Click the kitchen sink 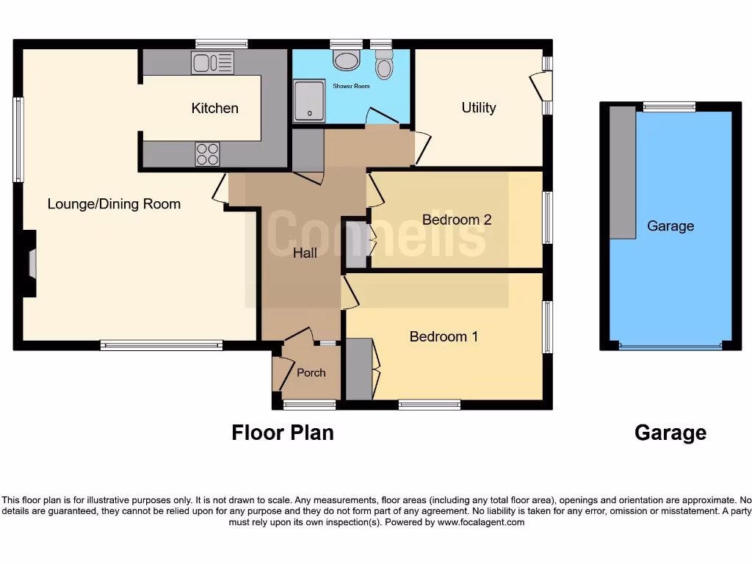click(212, 63)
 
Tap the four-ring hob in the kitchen click(207, 154)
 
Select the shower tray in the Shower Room click(308, 99)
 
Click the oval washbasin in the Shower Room click(346, 59)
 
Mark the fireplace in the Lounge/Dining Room click(32, 264)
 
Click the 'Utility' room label click(478, 107)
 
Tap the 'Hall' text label click(305, 253)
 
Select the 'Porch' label click(311, 372)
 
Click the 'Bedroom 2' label click(456, 220)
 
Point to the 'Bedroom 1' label click(444, 336)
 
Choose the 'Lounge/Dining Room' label click(114, 203)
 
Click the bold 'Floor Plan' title click(283, 433)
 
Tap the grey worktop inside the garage click(622, 173)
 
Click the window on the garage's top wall click(669, 107)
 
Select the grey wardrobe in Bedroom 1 click(359, 369)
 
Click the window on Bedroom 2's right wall click(547, 217)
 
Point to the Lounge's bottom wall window click(162, 345)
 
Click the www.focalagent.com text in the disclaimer click(481, 522)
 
